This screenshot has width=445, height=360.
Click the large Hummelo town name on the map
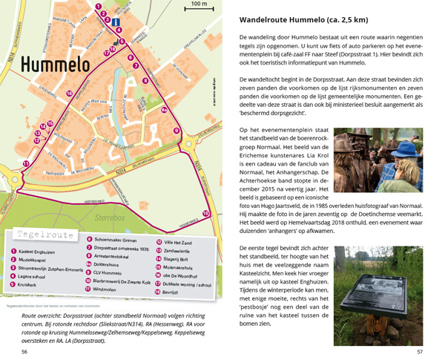point(56,66)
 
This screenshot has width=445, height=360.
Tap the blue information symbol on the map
point(115,23)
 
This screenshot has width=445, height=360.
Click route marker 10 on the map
point(205,214)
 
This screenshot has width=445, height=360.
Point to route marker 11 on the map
point(26,163)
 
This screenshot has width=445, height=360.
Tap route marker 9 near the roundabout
point(177,131)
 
